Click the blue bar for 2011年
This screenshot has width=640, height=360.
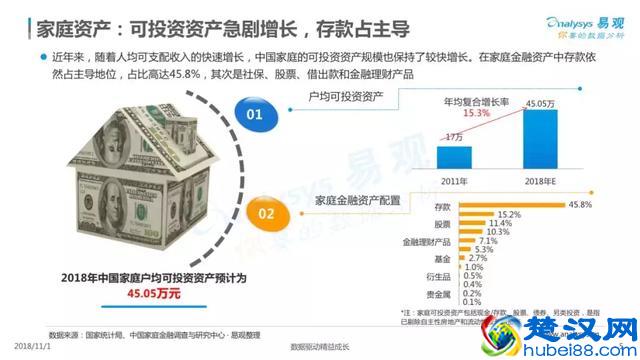click(x=459, y=158)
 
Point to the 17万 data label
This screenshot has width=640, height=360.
click(x=454, y=136)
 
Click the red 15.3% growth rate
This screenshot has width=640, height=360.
click(x=476, y=113)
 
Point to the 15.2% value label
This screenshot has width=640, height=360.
click(x=510, y=214)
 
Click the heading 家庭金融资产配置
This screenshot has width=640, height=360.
click(x=357, y=201)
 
